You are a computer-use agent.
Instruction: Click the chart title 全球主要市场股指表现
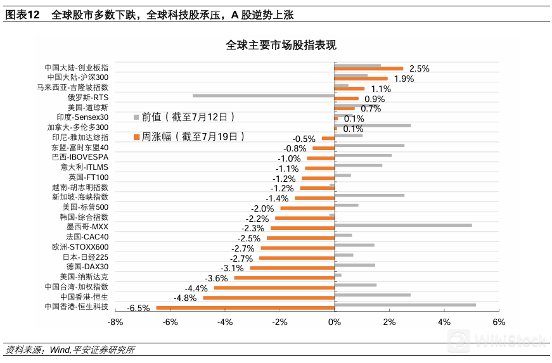coord(281,45)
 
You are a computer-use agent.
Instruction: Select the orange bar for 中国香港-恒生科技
coord(245,308)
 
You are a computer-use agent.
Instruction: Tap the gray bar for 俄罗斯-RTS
coord(264,96)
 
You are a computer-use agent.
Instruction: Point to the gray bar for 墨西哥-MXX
coord(403,225)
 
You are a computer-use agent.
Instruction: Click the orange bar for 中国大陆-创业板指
coord(369,68)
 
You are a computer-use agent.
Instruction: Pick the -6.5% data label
coord(138,309)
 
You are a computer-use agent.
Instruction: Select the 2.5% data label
coord(419,68)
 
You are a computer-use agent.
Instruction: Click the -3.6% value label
coord(216,278)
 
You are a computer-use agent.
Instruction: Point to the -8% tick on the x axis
coord(115,322)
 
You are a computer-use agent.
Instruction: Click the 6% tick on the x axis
coord(498,322)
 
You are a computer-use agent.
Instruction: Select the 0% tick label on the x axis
coord(335,322)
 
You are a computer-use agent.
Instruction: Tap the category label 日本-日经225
coord(86,257)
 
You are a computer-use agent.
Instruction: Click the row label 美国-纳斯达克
coord(84,277)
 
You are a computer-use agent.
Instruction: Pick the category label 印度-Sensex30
coord(82,117)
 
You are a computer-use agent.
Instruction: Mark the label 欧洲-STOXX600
coord(80,247)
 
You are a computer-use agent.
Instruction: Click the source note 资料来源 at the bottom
coord(70,350)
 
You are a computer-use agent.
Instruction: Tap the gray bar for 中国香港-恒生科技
coord(405,305)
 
